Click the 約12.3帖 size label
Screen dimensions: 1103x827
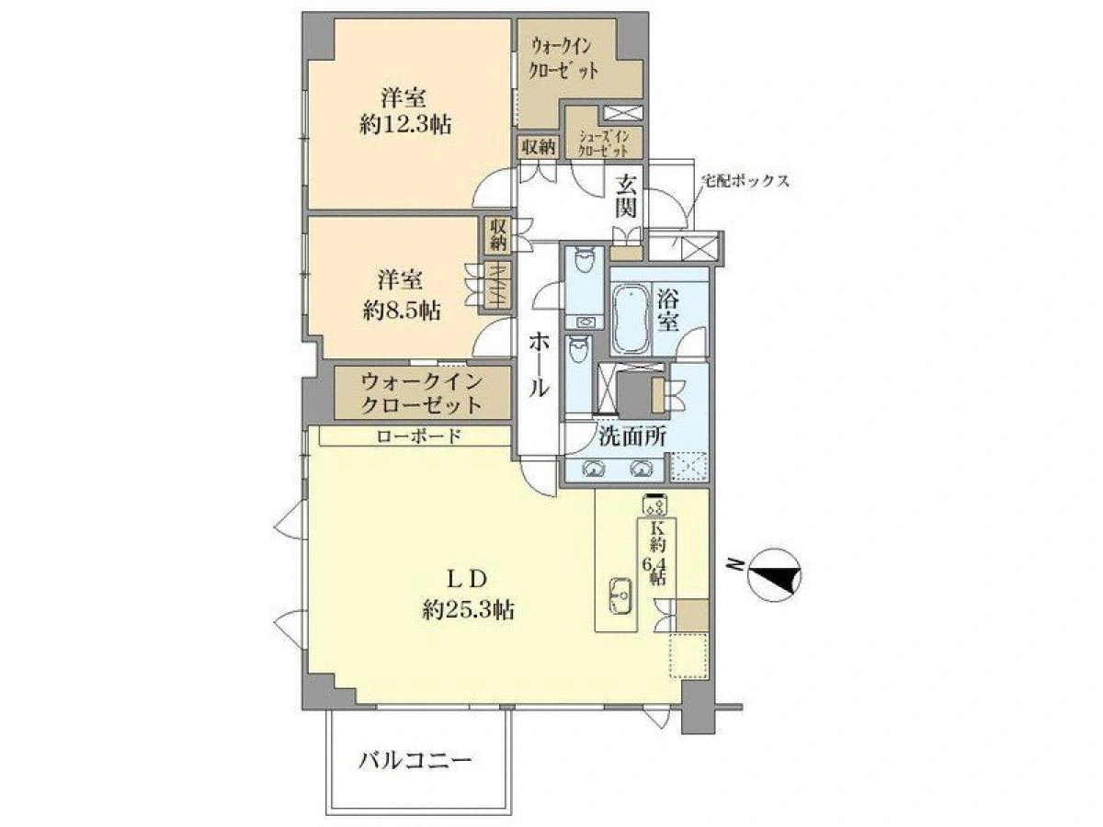tap(405, 125)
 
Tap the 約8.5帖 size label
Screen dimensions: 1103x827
tap(402, 311)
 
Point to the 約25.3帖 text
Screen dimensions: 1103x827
tap(468, 610)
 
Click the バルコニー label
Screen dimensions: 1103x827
tap(415, 761)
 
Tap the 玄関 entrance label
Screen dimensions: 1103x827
tap(626, 196)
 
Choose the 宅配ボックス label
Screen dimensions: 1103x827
tap(745, 181)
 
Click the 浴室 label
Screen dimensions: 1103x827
tap(669, 311)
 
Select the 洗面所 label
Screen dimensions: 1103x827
tap(632, 436)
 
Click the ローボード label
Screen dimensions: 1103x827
tap(418, 436)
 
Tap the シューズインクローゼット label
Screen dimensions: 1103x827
tap(604, 143)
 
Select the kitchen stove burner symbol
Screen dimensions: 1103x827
tap(654, 506)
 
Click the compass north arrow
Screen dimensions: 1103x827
tap(774, 575)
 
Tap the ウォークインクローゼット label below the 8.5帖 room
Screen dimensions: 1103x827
tap(422, 393)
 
